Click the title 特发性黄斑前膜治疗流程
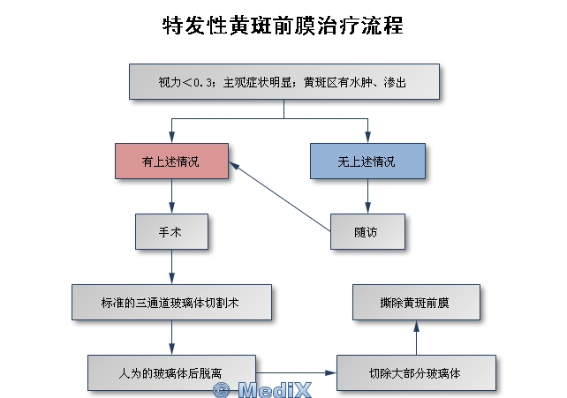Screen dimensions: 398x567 [283, 26]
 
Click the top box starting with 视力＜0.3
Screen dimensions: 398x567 [283, 83]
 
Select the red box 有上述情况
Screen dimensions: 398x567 [172, 161]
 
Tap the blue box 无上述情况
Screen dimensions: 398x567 [367, 161]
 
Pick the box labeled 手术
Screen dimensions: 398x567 [170, 232]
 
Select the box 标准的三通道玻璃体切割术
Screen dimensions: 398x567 [170, 302]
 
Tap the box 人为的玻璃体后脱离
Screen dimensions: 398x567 [172, 372]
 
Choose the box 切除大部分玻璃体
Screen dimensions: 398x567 [416, 372]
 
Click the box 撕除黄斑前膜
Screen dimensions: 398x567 [416, 302]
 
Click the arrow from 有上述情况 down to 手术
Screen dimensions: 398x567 [172, 197]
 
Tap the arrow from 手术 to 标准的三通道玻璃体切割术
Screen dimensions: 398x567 [171, 267]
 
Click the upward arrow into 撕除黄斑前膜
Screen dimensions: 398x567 [416, 337]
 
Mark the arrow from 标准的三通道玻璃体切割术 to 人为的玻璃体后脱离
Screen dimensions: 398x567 [170, 337]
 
